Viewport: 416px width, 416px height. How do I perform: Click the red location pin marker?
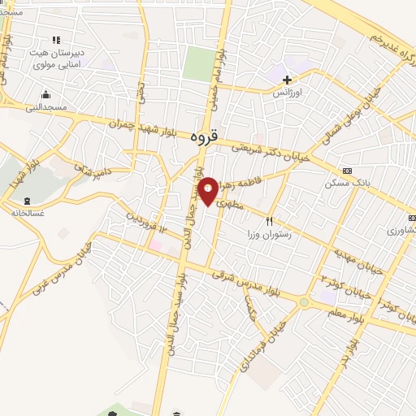209,190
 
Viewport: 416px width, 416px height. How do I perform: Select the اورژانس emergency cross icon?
286,80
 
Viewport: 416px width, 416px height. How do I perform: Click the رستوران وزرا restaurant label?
275,234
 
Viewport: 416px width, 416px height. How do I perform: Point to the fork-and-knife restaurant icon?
269,220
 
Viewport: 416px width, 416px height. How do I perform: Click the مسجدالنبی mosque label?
46,107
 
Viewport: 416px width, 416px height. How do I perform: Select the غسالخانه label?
28,212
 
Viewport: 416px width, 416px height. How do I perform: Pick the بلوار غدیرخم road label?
388,42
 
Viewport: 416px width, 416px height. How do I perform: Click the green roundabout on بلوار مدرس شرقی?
304,303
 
